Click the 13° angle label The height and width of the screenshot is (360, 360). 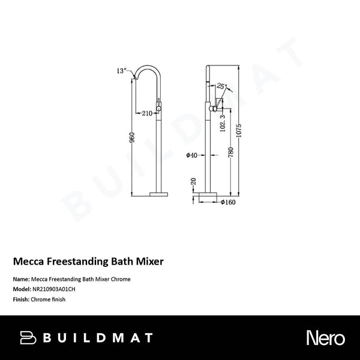121,71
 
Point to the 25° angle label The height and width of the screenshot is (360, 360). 221,87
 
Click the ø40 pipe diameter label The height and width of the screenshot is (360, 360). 192,155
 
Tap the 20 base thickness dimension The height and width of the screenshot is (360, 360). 193,181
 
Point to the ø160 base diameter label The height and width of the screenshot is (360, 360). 226,203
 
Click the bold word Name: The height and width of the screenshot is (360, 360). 22,280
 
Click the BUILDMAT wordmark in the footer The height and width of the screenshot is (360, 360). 97,338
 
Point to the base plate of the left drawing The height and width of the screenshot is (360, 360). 160,194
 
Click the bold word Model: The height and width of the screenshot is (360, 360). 23,289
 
